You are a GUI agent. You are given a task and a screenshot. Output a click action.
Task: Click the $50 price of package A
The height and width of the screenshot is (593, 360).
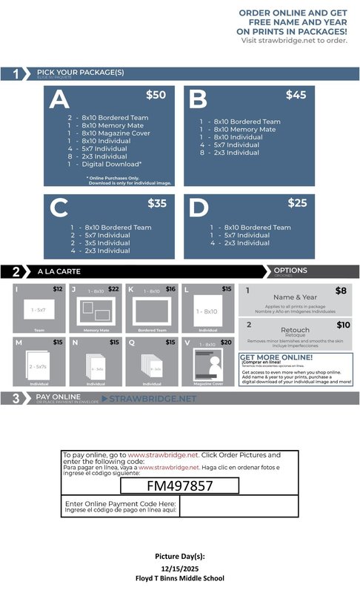click(x=156, y=95)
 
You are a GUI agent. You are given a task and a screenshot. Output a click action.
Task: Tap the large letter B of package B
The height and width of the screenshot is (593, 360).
click(x=198, y=100)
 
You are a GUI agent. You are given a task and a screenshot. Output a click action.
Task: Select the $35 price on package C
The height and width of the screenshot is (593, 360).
click(x=157, y=203)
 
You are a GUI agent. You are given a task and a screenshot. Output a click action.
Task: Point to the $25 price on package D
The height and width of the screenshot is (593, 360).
click(x=297, y=203)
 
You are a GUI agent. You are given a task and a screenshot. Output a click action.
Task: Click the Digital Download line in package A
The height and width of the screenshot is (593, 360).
click(x=107, y=165)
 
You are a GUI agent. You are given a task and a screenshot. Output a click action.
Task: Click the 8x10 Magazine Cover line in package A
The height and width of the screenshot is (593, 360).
click(x=108, y=133)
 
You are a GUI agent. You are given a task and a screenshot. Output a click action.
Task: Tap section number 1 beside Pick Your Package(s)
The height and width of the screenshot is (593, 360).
click(x=16, y=73)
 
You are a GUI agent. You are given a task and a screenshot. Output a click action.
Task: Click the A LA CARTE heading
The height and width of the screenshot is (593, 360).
click(x=56, y=271)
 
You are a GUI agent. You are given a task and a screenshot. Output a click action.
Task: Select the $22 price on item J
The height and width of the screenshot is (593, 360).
click(x=113, y=289)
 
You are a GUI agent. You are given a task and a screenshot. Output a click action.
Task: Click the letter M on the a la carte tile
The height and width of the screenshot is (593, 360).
click(x=19, y=342)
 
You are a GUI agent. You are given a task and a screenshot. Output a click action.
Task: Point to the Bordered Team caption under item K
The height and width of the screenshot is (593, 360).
click(x=152, y=330)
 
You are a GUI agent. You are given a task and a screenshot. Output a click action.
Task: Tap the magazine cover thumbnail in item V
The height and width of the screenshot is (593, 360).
click(x=210, y=365)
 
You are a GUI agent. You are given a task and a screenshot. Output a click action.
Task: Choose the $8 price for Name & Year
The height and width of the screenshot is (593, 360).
click(x=341, y=291)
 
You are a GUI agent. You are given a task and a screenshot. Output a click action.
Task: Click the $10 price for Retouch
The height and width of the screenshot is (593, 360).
click(x=343, y=325)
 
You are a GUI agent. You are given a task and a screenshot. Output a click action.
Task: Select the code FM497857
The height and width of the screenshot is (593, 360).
click(x=180, y=486)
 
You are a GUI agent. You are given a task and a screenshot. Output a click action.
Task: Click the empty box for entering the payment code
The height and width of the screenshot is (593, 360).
click(x=238, y=507)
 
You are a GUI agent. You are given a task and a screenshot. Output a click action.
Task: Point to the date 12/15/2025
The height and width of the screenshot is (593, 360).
click(x=179, y=568)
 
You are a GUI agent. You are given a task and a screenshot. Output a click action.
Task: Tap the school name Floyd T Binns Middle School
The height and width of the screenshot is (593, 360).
click(x=179, y=577)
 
